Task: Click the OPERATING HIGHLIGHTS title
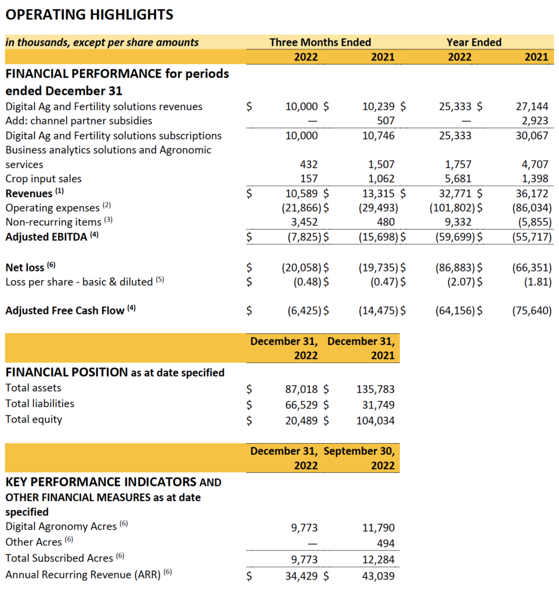click(x=89, y=15)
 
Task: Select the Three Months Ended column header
click(x=320, y=42)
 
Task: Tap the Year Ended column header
click(x=474, y=42)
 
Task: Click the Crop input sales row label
click(x=43, y=179)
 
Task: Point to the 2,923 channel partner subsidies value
click(x=535, y=121)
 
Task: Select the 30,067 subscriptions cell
click(x=532, y=135)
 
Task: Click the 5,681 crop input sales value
click(x=458, y=179)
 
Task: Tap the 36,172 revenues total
click(x=532, y=193)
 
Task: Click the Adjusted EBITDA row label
click(x=47, y=236)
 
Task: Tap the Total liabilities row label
click(x=40, y=403)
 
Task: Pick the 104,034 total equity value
click(x=375, y=420)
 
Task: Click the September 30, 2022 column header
click(x=360, y=458)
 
